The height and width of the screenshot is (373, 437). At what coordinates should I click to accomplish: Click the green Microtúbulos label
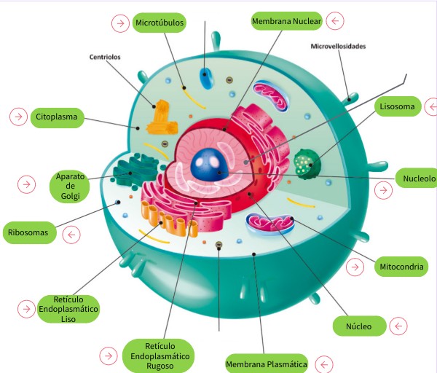pos(160,23)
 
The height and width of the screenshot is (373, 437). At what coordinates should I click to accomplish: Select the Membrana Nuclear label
pos(286,22)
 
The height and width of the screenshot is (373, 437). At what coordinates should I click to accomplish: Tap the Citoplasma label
pos(56,116)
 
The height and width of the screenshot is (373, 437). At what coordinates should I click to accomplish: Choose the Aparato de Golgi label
pos(71,186)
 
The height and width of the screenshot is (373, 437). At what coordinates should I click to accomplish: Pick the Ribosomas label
pos(28,233)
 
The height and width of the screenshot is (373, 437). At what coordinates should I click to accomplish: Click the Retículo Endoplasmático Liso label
pos(68,309)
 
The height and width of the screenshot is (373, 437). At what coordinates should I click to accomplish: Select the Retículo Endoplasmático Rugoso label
pos(158,356)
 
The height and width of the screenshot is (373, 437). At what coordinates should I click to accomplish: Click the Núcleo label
pos(358,326)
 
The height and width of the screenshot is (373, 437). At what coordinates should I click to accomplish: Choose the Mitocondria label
pos(401,267)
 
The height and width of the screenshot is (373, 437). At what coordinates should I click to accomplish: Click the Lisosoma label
pos(397,107)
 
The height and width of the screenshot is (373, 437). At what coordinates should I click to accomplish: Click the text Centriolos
pos(104,57)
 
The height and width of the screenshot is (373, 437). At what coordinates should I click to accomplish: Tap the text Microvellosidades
pos(338,46)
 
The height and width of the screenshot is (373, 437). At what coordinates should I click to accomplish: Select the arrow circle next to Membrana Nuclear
pos(335,21)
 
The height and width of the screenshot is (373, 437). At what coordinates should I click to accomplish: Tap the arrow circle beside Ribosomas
pos(71,235)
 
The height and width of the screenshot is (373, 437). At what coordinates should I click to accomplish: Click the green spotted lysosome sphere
pos(305,160)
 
